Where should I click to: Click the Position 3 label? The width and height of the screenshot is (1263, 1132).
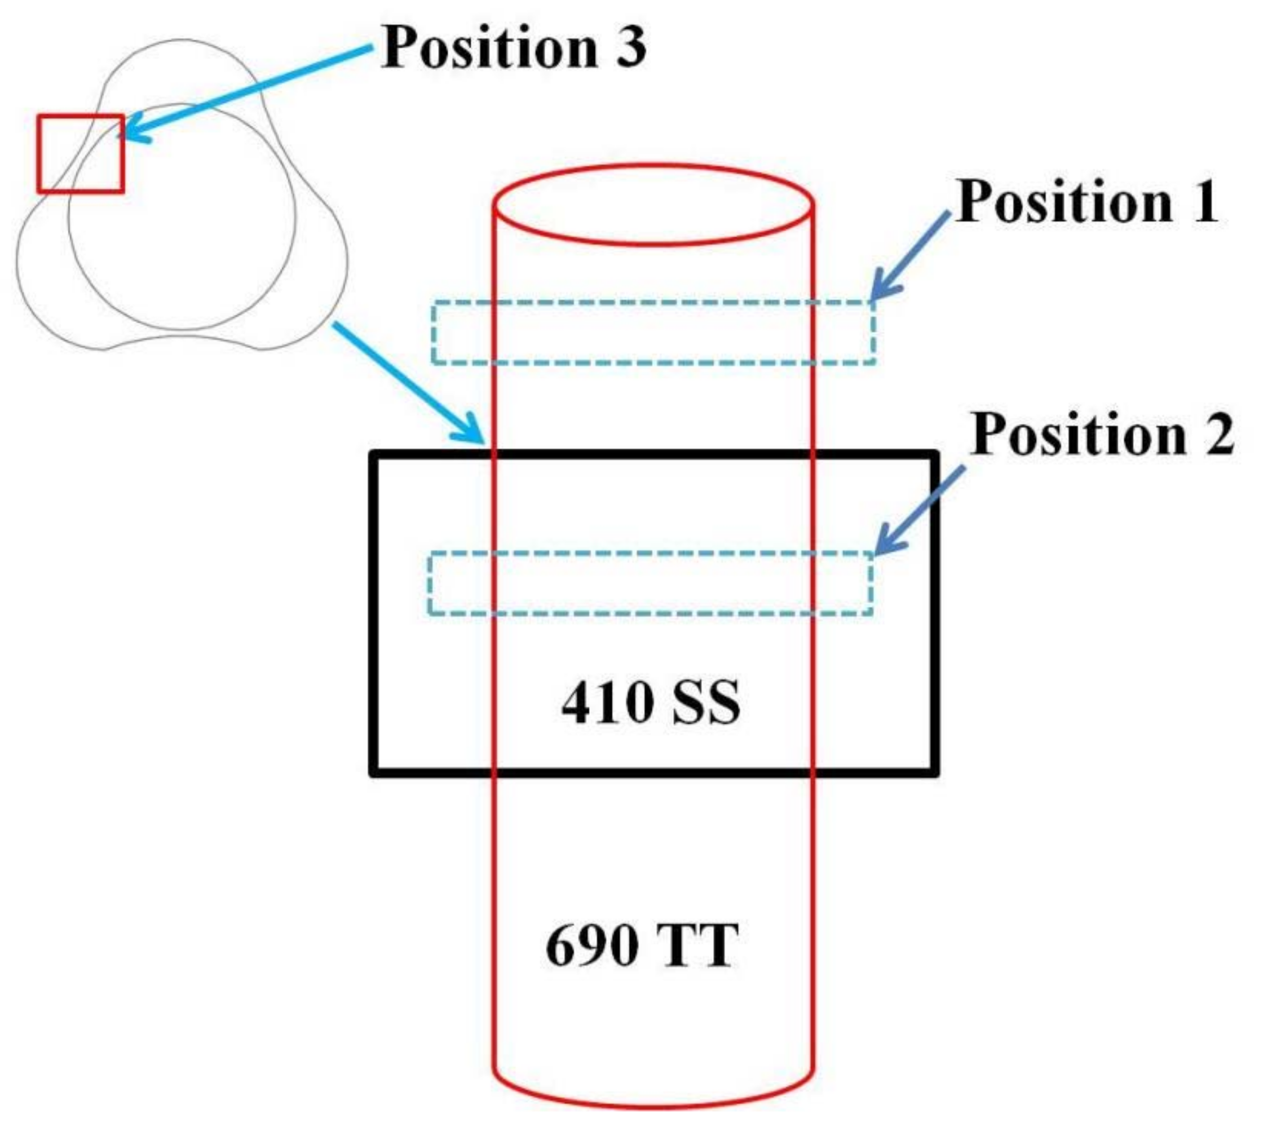513,48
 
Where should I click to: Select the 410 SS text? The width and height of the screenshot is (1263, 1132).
650,704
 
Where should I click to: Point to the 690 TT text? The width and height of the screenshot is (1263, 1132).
642,945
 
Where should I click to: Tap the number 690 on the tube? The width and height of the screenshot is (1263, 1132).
591,945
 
